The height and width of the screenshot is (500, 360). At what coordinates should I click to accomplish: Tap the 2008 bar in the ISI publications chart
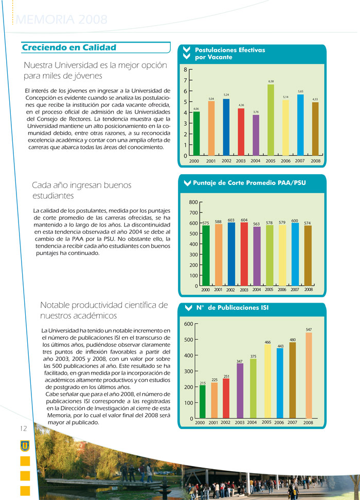point(309,375)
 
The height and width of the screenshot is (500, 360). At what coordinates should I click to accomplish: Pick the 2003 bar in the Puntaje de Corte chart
point(244,254)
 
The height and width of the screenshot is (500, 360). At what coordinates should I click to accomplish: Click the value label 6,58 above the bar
point(271,81)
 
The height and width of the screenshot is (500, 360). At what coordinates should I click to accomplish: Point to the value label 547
point(309,329)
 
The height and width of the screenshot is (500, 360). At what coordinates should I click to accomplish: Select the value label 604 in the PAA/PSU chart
point(244,220)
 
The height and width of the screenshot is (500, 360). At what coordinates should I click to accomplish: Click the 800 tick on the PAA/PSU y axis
point(193,202)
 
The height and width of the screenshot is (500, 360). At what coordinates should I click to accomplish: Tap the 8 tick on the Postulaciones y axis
point(186,69)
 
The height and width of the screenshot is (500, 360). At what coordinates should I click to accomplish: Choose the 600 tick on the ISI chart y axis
point(188,324)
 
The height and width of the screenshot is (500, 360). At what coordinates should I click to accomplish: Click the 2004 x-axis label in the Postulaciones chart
point(256,161)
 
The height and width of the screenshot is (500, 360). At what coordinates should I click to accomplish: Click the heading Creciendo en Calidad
point(69,48)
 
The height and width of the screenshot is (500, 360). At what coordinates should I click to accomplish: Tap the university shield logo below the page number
point(24,446)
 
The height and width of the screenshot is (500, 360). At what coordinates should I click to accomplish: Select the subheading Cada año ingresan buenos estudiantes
point(82,190)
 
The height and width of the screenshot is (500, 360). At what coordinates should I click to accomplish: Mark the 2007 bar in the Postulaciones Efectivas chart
point(300,124)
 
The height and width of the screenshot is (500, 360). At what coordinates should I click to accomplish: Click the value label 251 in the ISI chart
point(226,377)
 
